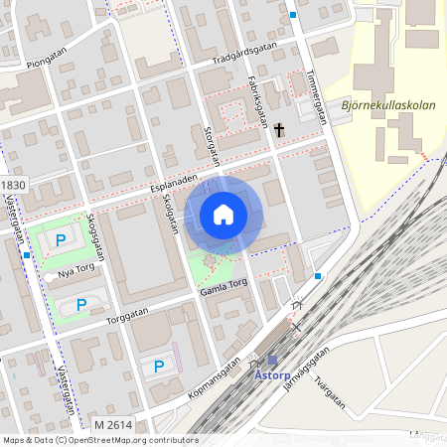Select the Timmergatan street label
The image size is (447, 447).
pyautogui.click(x=317, y=95)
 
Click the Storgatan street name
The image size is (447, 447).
pyautogui.click(x=210, y=138)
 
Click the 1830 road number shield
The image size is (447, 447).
pyautogui.click(x=13, y=186)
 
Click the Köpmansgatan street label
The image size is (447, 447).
pyautogui.click(x=215, y=379)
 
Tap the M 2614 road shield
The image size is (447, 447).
pyautogui.click(x=113, y=425)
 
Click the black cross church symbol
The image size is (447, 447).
pyautogui.click(x=280, y=130)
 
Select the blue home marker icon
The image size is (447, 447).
pyautogui.click(x=223, y=214)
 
